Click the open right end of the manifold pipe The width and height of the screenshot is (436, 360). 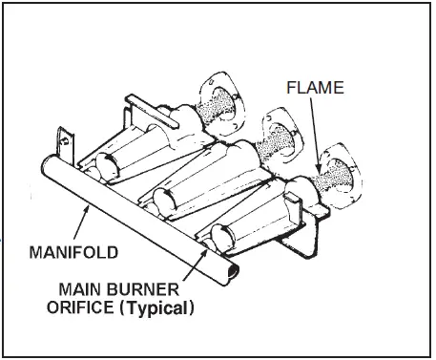(229, 274)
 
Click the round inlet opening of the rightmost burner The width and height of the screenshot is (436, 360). (218, 236)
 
